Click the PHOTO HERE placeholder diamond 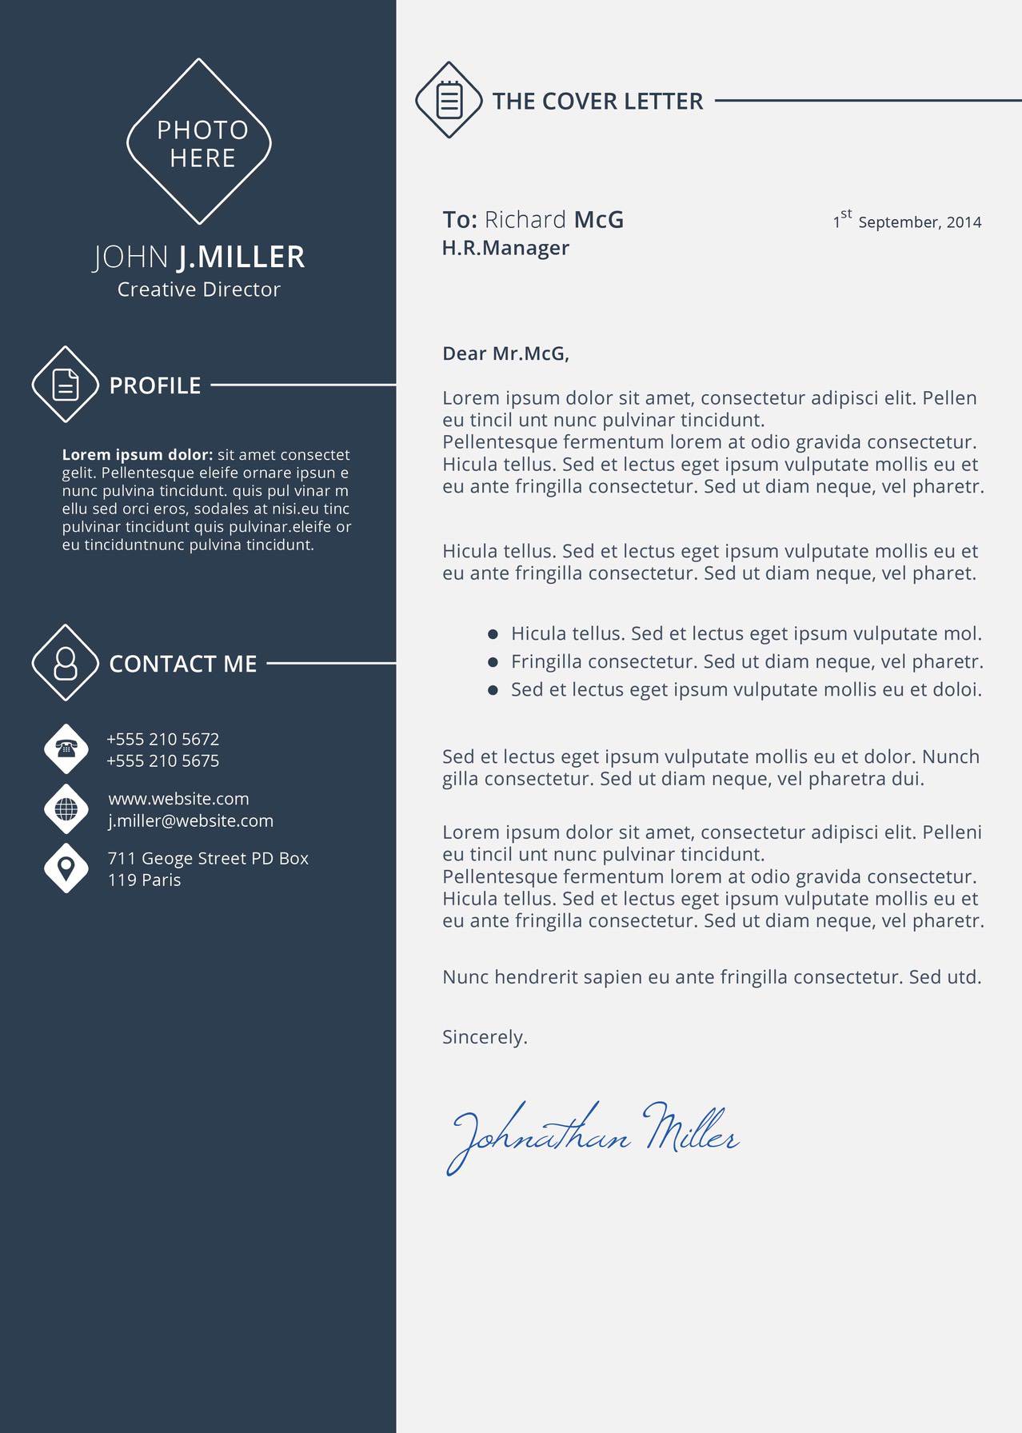click(x=199, y=142)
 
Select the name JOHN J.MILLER click(x=199, y=257)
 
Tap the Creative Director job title click(x=199, y=289)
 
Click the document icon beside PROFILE click(x=66, y=385)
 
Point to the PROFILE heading click(x=155, y=385)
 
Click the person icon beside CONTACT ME click(x=66, y=663)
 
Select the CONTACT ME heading click(x=183, y=664)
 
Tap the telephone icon click(x=66, y=748)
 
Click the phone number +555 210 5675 click(x=163, y=760)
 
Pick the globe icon click(x=66, y=808)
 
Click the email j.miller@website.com click(x=191, y=820)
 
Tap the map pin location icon click(x=66, y=868)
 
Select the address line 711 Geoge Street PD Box click(x=208, y=858)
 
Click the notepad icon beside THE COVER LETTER click(x=449, y=100)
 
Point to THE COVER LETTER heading click(x=597, y=102)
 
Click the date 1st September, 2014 click(x=907, y=222)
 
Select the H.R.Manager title click(x=505, y=248)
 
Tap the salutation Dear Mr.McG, click(x=505, y=353)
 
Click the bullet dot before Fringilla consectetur click(x=493, y=662)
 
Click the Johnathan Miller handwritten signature click(x=592, y=1136)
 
